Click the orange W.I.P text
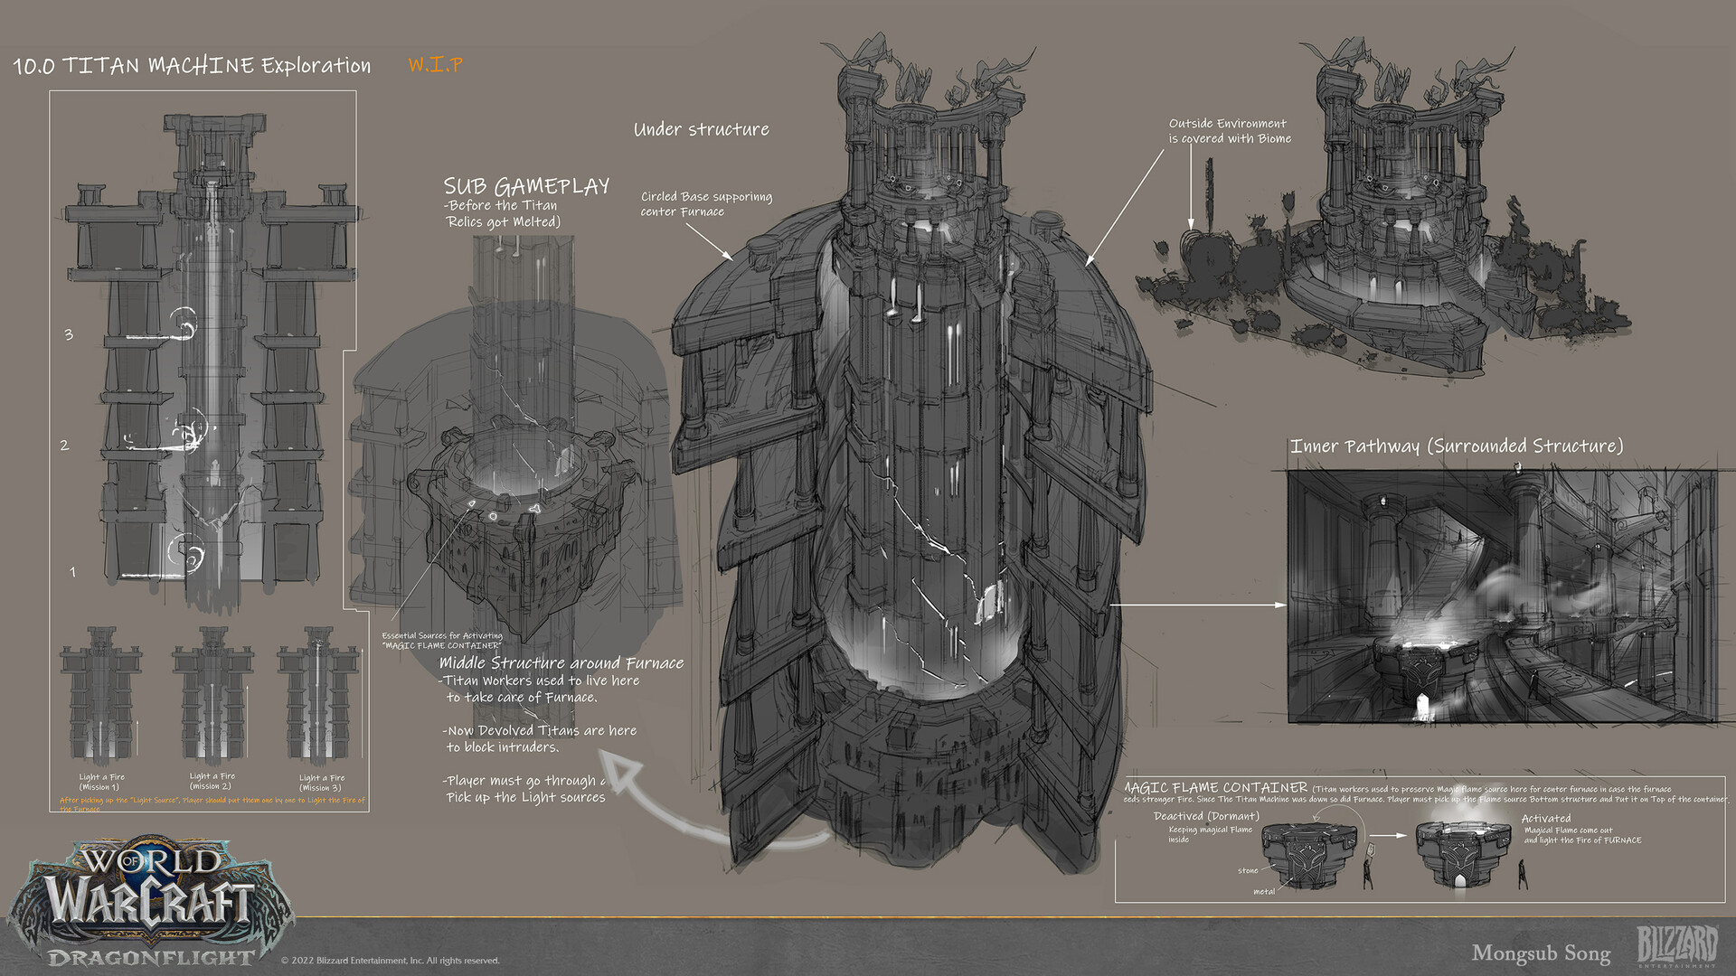(x=435, y=64)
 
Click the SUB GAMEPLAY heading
(x=526, y=186)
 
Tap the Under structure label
(x=701, y=129)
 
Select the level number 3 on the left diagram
(x=69, y=334)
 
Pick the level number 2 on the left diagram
(x=65, y=445)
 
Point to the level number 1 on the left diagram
(x=72, y=571)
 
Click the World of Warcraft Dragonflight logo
(x=149, y=904)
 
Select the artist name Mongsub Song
(x=1541, y=953)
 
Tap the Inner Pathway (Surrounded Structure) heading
(x=1456, y=446)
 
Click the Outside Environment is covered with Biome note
(x=1229, y=131)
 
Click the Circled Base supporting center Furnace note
(x=706, y=203)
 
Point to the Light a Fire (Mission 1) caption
(x=101, y=782)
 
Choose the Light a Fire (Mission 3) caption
(x=321, y=782)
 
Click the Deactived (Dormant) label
(x=1206, y=815)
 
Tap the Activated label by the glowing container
(x=1545, y=818)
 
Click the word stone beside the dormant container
(x=1248, y=870)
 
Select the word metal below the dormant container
(x=1264, y=891)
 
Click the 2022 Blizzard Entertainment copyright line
(x=390, y=960)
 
